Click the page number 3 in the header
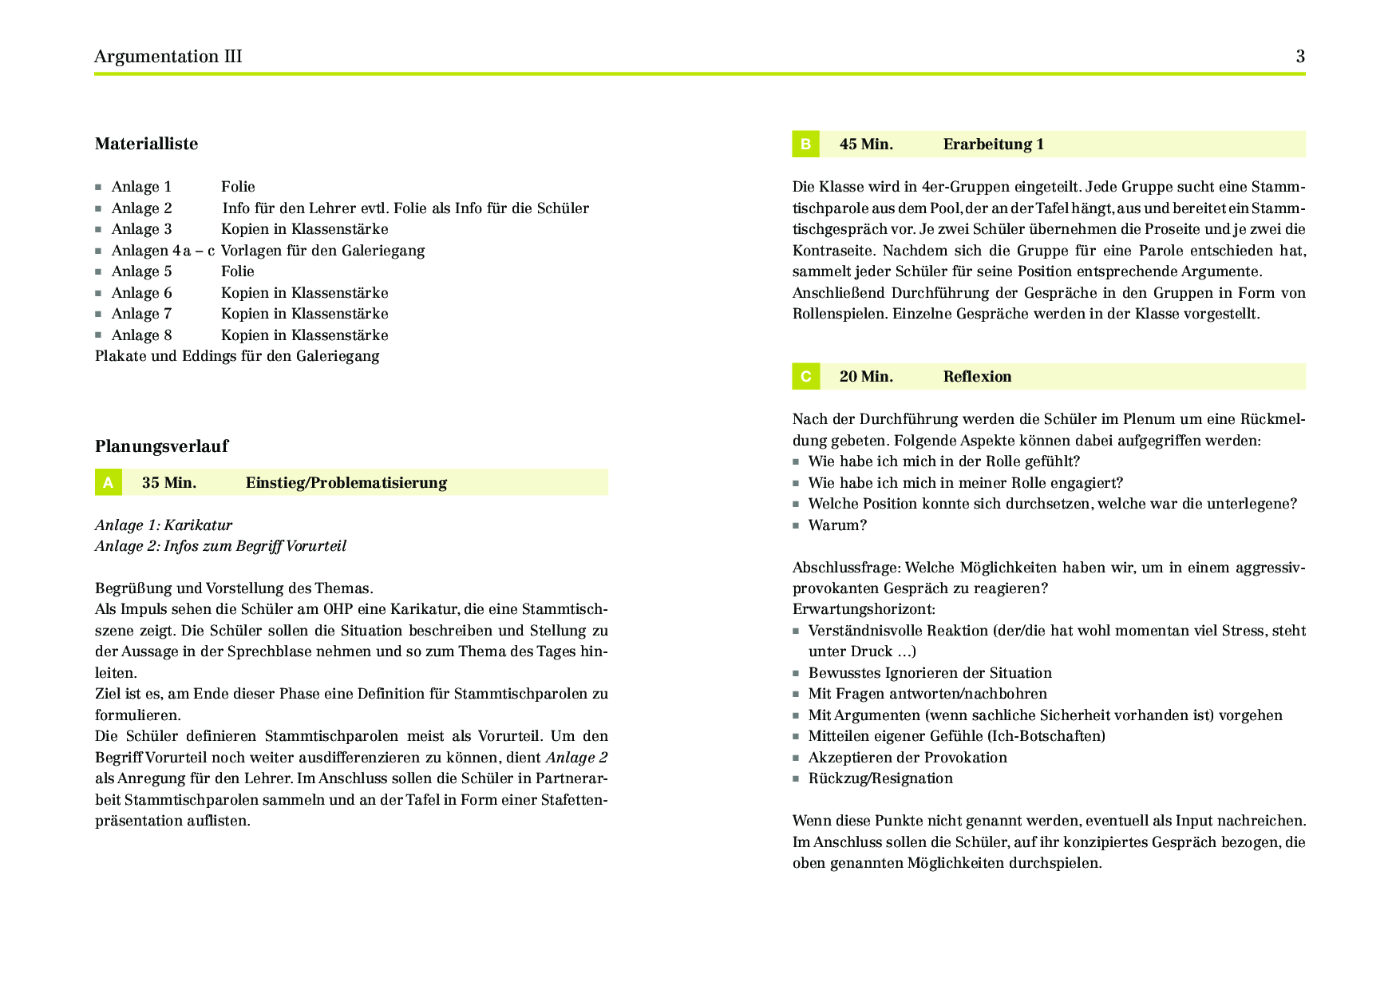pyautogui.click(x=1300, y=57)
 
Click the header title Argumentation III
pyautogui.click(x=168, y=57)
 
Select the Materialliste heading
pyautogui.click(x=146, y=144)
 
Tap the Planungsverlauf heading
pyautogui.click(x=161, y=446)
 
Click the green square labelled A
pyautogui.click(x=108, y=483)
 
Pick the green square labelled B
pyautogui.click(x=805, y=145)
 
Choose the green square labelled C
pyautogui.click(x=805, y=377)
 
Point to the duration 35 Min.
pyautogui.click(x=169, y=483)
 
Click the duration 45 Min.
pyautogui.click(x=866, y=145)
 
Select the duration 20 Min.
pyautogui.click(x=866, y=377)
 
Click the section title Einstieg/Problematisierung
pyautogui.click(x=346, y=483)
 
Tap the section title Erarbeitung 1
pyautogui.click(x=993, y=145)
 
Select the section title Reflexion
pyautogui.click(x=977, y=377)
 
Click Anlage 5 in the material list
pyautogui.click(x=141, y=271)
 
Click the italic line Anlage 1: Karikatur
pyautogui.click(x=164, y=525)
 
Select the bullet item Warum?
pyautogui.click(x=837, y=525)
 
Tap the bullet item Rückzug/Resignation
pyautogui.click(x=880, y=778)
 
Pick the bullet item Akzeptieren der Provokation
pyautogui.click(x=908, y=758)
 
